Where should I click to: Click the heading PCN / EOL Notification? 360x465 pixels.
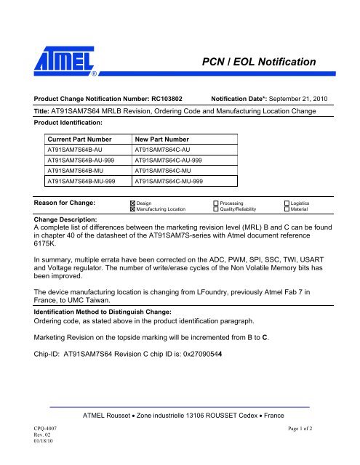tap(258, 63)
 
